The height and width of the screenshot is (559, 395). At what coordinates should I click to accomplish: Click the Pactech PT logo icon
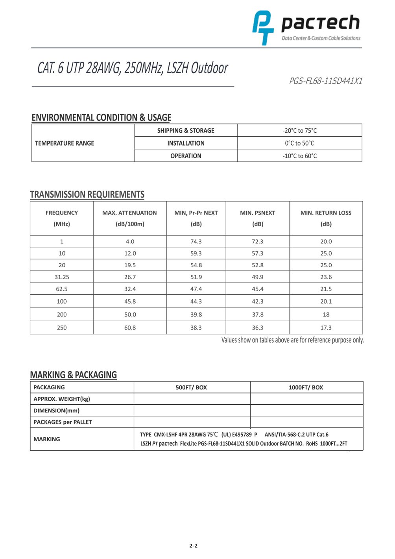[x=263, y=28]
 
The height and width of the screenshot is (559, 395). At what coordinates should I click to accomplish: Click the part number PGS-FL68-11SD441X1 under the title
[x=325, y=81]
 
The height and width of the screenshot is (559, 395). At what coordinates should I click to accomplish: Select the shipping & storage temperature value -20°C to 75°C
[x=299, y=131]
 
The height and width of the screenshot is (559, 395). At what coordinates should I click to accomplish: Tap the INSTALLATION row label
[x=186, y=143]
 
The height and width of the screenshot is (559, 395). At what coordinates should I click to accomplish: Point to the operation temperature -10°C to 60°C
[x=299, y=156]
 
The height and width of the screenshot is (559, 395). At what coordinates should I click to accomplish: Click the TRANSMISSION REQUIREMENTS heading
[x=87, y=194]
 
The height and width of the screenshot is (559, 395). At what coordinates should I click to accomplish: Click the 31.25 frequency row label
[x=62, y=277]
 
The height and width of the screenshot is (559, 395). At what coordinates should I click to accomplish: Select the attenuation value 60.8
[x=130, y=328]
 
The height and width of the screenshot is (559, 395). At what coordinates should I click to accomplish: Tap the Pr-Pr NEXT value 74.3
[x=196, y=242]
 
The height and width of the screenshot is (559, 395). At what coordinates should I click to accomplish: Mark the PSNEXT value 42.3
[x=258, y=302]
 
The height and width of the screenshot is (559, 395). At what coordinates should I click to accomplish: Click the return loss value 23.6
[x=326, y=277]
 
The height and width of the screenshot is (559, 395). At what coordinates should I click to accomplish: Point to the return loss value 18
[x=326, y=315]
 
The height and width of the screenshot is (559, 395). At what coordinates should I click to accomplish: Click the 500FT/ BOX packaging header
[x=191, y=387]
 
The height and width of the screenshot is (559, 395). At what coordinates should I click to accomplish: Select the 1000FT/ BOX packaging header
[x=306, y=387]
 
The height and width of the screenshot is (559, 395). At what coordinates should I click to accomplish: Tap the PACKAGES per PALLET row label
[x=63, y=422]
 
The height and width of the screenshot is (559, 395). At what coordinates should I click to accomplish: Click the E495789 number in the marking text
[x=242, y=435]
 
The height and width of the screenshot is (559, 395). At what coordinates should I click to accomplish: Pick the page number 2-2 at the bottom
[x=193, y=546]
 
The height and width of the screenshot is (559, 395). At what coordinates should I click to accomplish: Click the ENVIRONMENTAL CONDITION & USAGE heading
[x=102, y=118]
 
